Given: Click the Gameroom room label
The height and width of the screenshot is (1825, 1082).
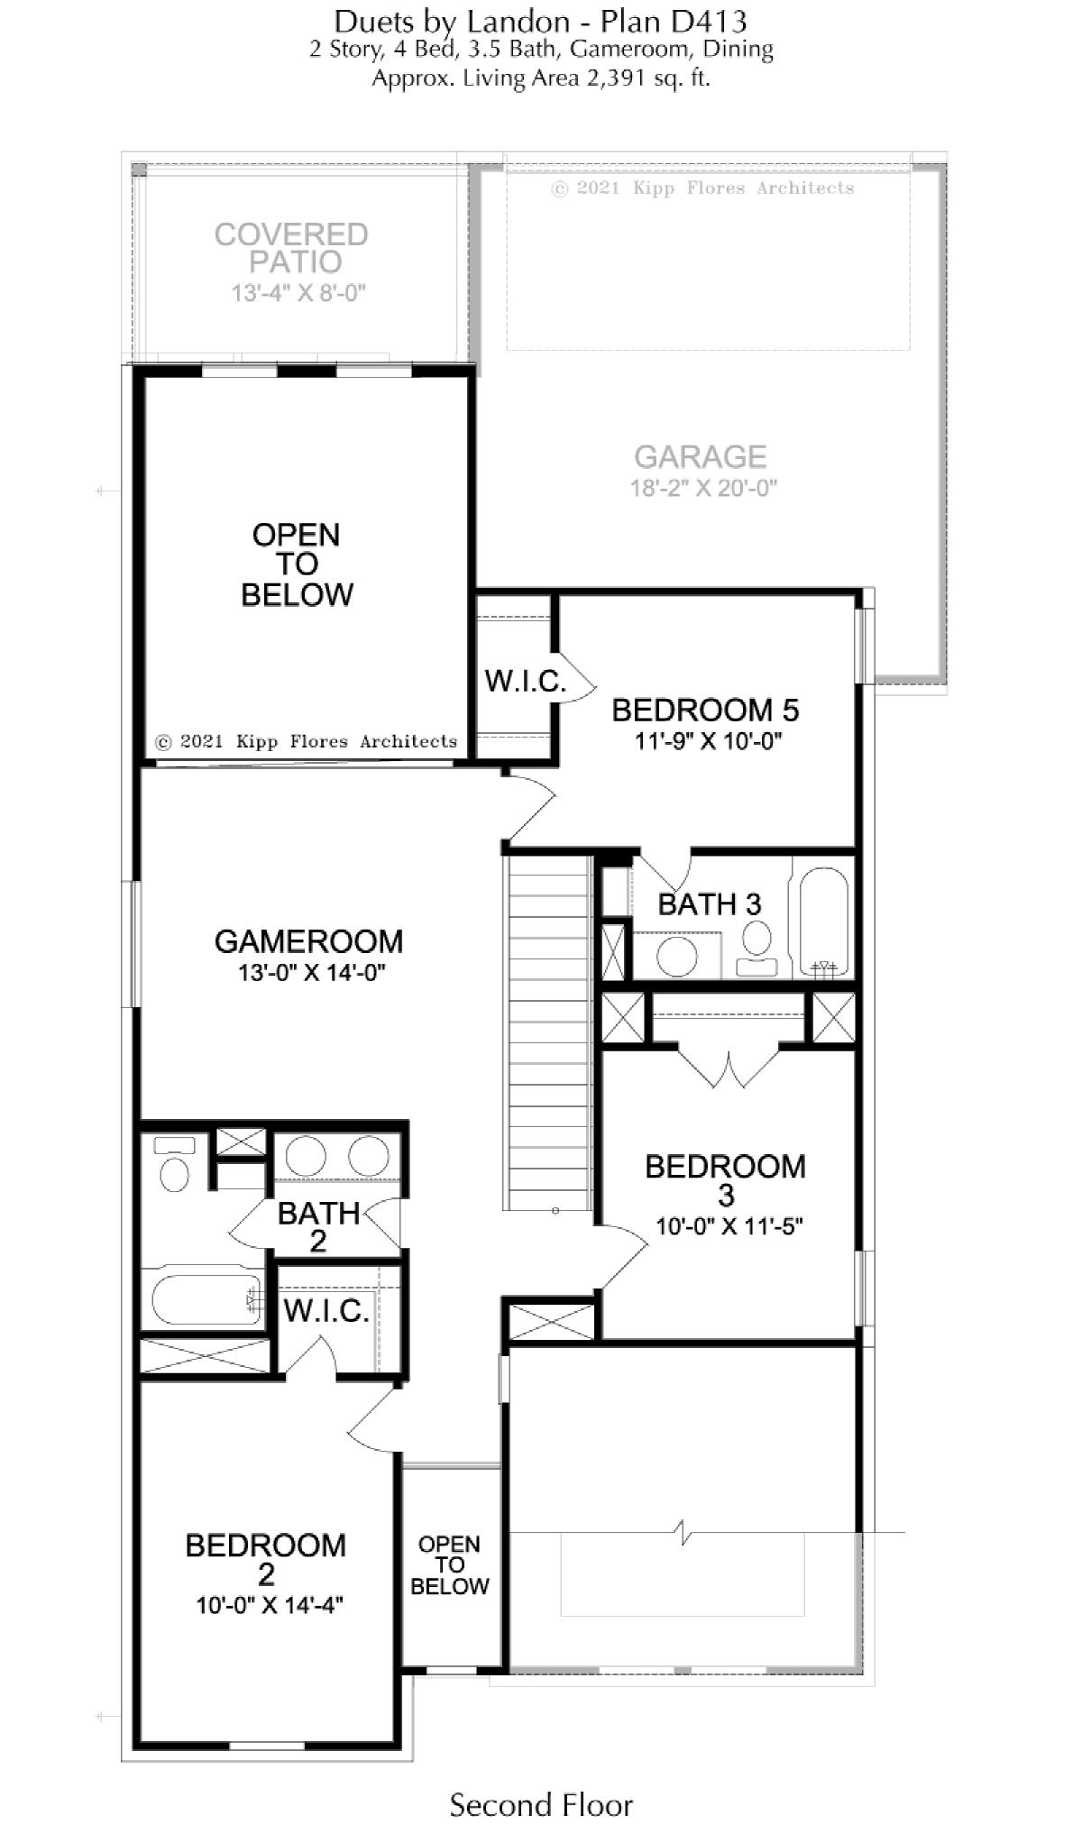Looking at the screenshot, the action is (308, 941).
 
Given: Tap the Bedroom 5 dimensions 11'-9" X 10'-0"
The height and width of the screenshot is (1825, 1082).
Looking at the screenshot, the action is (707, 741).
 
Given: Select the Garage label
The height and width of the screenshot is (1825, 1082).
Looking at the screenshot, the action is (701, 457).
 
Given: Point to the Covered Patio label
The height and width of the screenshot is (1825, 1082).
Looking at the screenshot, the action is (291, 248).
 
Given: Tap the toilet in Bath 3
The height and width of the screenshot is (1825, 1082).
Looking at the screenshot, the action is (757, 949).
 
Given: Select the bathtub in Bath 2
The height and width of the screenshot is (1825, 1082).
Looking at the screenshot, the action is (206, 1298).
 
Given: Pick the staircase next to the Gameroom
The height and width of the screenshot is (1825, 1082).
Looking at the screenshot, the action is (548, 1033).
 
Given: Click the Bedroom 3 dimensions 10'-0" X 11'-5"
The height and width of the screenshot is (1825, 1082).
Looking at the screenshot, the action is (729, 1226).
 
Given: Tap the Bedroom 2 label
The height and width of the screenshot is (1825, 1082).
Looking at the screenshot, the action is (265, 1560).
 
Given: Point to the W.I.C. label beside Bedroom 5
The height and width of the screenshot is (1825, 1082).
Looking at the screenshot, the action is (525, 681).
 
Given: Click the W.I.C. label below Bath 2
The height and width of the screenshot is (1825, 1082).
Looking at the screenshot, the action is (326, 1311).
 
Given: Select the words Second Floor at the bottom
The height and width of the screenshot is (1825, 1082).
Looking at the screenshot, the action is (541, 1780).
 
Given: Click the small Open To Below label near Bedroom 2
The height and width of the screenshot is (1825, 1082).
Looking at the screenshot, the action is (449, 1564).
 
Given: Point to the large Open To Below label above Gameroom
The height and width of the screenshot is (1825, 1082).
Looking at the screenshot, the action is (297, 564).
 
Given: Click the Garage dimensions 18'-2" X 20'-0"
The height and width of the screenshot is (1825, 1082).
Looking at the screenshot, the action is (703, 488).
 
